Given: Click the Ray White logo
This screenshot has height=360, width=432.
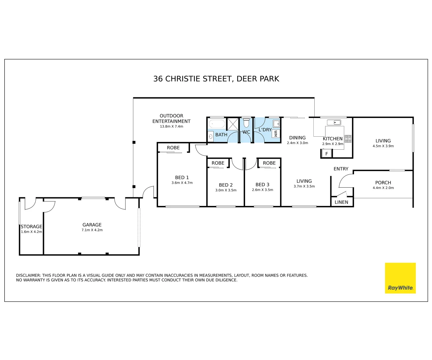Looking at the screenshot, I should tap(400, 278).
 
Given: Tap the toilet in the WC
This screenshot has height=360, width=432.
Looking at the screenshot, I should tap(246, 123).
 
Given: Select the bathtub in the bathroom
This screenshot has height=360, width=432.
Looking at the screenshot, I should tap(217, 124).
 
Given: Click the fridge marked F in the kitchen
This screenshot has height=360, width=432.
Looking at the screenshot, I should tap(327, 154).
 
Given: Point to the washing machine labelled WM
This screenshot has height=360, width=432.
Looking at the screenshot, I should tap(276, 133).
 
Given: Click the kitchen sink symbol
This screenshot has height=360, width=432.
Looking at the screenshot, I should tap(334, 122).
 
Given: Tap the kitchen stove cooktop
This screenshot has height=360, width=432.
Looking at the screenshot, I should tap(348, 139).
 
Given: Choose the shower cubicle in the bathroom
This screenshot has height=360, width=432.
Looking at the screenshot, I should tap(232, 124).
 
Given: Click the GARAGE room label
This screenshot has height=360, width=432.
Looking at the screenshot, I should tap(92, 225).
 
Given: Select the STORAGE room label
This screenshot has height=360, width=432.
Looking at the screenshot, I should tap(31, 226).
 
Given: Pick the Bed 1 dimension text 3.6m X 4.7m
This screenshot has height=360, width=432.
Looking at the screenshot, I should tap(182, 183).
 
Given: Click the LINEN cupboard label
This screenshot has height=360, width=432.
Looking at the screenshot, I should tap(341, 202).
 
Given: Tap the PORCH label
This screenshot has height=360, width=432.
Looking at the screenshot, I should tap(383, 182).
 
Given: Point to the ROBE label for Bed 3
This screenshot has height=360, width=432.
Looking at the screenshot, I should tap(269, 163).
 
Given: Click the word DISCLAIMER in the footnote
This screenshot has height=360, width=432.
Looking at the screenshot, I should tap(28, 275).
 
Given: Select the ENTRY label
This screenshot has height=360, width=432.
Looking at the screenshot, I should tap(341, 169).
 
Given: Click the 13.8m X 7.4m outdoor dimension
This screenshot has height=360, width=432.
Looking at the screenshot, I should tap(171, 126).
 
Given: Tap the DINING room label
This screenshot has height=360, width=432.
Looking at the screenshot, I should tap(297, 138).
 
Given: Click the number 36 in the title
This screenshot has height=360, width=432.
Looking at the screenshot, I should tap(158, 79).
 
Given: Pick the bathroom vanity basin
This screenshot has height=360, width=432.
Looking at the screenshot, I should tap(211, 136).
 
